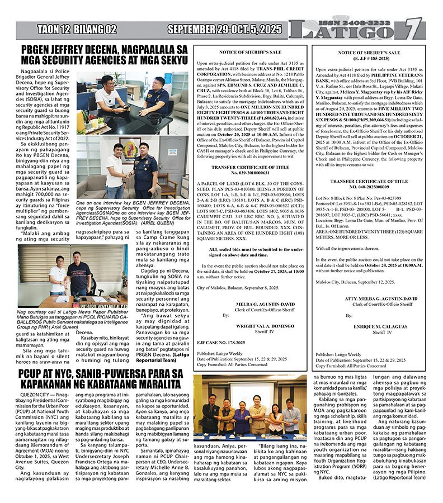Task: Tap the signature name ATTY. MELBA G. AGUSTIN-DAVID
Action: (369, 298)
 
